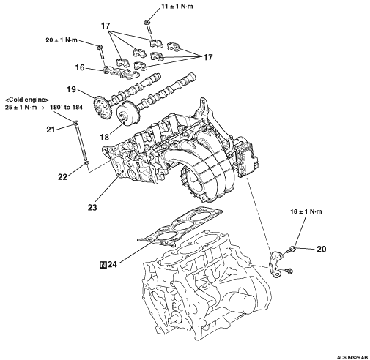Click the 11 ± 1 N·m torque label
[177, 7]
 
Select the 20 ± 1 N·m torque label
[62, 40]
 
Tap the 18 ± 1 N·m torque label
[306, 211]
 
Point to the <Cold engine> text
[27, 100]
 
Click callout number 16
[80, 67]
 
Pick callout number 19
[72, 89]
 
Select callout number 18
[104, 138]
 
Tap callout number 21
[51, 130]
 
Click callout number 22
[62, 176]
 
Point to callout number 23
[92, 207]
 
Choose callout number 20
[322, 249]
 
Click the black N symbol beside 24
[103, 265]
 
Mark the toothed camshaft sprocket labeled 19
[103, 108]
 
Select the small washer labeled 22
[86, 162]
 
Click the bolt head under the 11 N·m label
[147, 23]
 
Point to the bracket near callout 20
[276, 263]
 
